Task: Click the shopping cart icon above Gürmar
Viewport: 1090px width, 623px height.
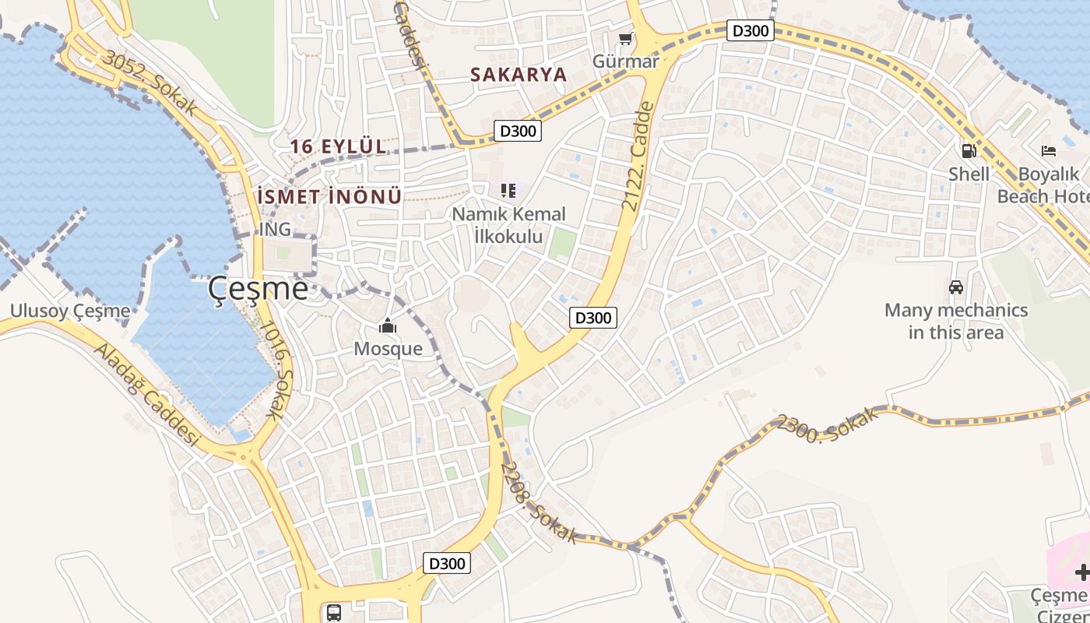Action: [x=625, y=38]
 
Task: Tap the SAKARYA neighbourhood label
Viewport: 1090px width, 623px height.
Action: [x=518, y=75]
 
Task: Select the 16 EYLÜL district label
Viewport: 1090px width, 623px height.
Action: [x=338, y=146]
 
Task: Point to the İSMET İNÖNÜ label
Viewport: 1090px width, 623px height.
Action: [x=329, y=196]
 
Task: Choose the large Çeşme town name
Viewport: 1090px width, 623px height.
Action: [x=258, y=290]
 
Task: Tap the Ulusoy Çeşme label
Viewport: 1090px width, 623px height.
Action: [x=70, y=311]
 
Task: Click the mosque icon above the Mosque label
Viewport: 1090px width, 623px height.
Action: [x=388, y=326]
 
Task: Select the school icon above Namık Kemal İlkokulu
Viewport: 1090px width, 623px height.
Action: [x=508, y=191]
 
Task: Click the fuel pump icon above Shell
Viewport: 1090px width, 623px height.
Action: [x=969, y=151]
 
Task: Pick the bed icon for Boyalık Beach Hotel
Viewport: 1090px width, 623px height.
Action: [x=1049, y=151]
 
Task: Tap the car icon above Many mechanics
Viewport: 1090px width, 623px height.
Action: [x=956, y=287]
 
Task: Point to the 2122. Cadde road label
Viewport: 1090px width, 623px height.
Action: [x=636, y=156]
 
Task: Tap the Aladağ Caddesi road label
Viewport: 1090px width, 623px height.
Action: [x=147, y=393]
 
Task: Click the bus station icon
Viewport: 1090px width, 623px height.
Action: [x=334, y=612]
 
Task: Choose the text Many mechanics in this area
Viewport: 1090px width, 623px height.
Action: [x=956, y=322]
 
